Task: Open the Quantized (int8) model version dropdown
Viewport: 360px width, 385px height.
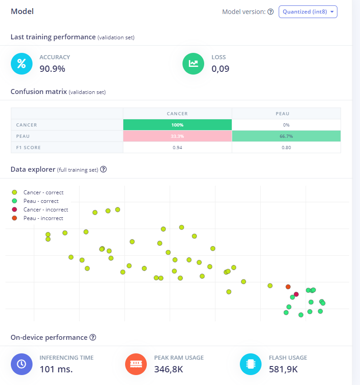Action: (x=308, y=12)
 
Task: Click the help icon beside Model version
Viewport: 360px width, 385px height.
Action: (x=271, y=12)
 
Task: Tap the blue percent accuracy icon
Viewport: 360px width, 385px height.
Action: (x=22, y=64)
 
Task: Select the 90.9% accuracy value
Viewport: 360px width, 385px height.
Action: (x=52, y=69)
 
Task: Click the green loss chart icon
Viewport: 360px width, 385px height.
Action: (x=193, y=64)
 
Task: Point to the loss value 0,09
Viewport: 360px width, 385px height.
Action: (x=220, y=69)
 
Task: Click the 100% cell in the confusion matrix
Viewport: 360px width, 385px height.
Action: (x=177, y=125)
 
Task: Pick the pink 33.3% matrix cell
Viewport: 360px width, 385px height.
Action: (x=177, y=136)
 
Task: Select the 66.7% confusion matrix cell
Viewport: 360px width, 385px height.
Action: (x=286, y=136)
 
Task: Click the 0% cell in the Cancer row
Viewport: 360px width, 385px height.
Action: (x=286, y=125)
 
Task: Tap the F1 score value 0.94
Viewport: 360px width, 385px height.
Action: (x=177, y=147)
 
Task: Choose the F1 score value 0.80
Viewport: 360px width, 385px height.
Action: (x=286, y=147)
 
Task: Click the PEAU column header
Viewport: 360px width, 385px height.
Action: (x=286, y=114)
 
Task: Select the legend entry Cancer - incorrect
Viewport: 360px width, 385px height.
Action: (x=46, y=210)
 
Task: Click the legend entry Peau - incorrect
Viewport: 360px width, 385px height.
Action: (x=43, y=218)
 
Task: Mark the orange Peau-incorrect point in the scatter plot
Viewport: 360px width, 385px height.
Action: (x=288, y=286)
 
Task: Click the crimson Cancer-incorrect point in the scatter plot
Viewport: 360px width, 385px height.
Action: (x=296, y=294)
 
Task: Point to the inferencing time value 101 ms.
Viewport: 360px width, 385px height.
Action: (x=56, y=369)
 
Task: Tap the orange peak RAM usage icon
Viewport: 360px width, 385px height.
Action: (x=136, y=364)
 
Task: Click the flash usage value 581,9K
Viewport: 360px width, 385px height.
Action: (x=283, y=369)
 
